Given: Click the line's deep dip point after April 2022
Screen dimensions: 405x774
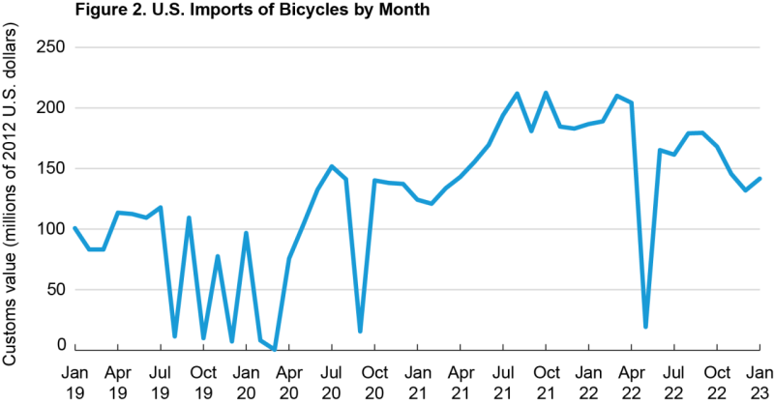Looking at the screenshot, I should (x=645, y=327).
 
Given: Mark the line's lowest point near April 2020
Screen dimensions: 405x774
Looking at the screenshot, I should (x=275, y=349).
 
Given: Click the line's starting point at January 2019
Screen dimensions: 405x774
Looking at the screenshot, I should (x=74, y=228).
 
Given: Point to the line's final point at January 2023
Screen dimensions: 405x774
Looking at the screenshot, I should (x=760, y=179).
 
